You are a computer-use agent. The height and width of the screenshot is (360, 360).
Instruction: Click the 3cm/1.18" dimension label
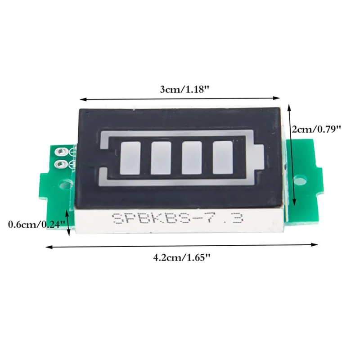[185, 89]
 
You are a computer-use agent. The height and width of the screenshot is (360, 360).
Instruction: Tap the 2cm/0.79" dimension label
[316, 130]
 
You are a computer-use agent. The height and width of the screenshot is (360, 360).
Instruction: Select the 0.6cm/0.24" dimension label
[37, 224]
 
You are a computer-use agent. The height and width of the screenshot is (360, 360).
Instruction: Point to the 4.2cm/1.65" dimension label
[182, 257]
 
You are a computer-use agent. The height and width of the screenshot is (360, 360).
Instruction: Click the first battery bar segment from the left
[130, 158]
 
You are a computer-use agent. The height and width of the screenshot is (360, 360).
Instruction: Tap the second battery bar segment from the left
[161, 158]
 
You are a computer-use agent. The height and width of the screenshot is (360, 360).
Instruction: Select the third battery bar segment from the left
[192, 158]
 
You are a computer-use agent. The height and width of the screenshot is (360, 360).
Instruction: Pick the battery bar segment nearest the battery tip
[223, 158]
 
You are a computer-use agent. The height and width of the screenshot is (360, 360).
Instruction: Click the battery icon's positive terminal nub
[258, 156]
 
